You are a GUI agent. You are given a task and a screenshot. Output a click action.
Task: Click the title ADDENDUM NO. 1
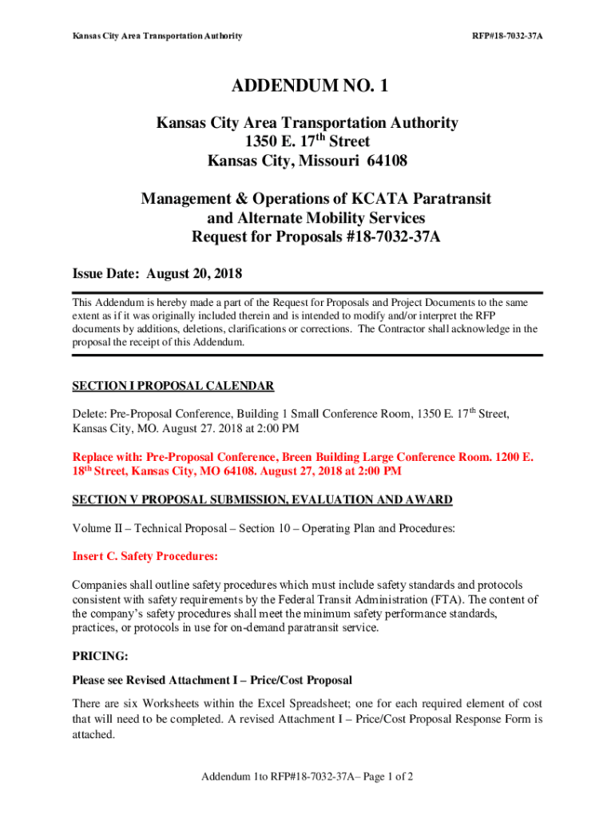(307, 86)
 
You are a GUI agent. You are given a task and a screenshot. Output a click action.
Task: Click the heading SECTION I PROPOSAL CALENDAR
(173, 386)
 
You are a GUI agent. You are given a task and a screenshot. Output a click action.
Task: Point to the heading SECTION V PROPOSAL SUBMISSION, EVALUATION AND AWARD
(262, 500)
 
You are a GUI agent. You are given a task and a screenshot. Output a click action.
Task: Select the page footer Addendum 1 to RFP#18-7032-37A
(307, 776)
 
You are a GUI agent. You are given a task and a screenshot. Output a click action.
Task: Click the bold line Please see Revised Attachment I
(212, 680)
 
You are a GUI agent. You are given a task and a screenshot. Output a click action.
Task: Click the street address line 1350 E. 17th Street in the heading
(307, 141)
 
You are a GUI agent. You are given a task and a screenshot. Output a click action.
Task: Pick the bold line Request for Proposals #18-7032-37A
(307, 236)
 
